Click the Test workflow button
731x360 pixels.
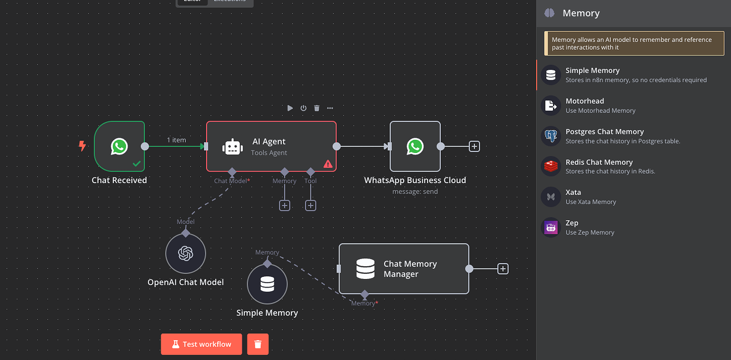point(201,344)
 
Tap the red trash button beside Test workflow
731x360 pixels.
point(258,344)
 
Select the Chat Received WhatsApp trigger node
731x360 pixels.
point(119,147)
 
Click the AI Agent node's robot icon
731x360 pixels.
point(233,147)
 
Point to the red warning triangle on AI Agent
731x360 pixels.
point(328,164)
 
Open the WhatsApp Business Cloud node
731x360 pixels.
point(415,147)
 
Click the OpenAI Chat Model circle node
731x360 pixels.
point(185,254)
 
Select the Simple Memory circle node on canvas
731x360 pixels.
point(267,285)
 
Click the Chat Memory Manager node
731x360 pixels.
point(404,269)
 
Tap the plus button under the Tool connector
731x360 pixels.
point(310,205)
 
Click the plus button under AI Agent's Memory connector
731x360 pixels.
point(284,205)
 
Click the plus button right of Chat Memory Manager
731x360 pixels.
point(503,269)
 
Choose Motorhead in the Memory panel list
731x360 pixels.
point(584,105)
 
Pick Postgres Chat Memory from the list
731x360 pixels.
point(604,136)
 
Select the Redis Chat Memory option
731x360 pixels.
point(599,167)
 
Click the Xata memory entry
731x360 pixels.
point(573,197)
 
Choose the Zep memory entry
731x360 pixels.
point(572,228)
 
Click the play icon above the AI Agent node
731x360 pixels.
point(290,108)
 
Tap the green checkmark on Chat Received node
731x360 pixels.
point(137,164)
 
